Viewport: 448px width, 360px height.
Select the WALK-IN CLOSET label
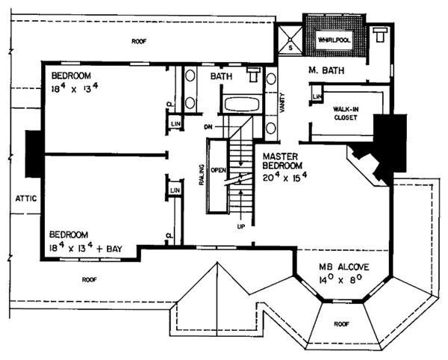pyautogui.click(x=345, y=113)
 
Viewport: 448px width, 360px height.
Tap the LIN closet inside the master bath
pyautogui.click(x=317, y=97)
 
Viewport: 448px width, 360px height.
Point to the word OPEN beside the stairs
pyautogui.click(x=218, y=170)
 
